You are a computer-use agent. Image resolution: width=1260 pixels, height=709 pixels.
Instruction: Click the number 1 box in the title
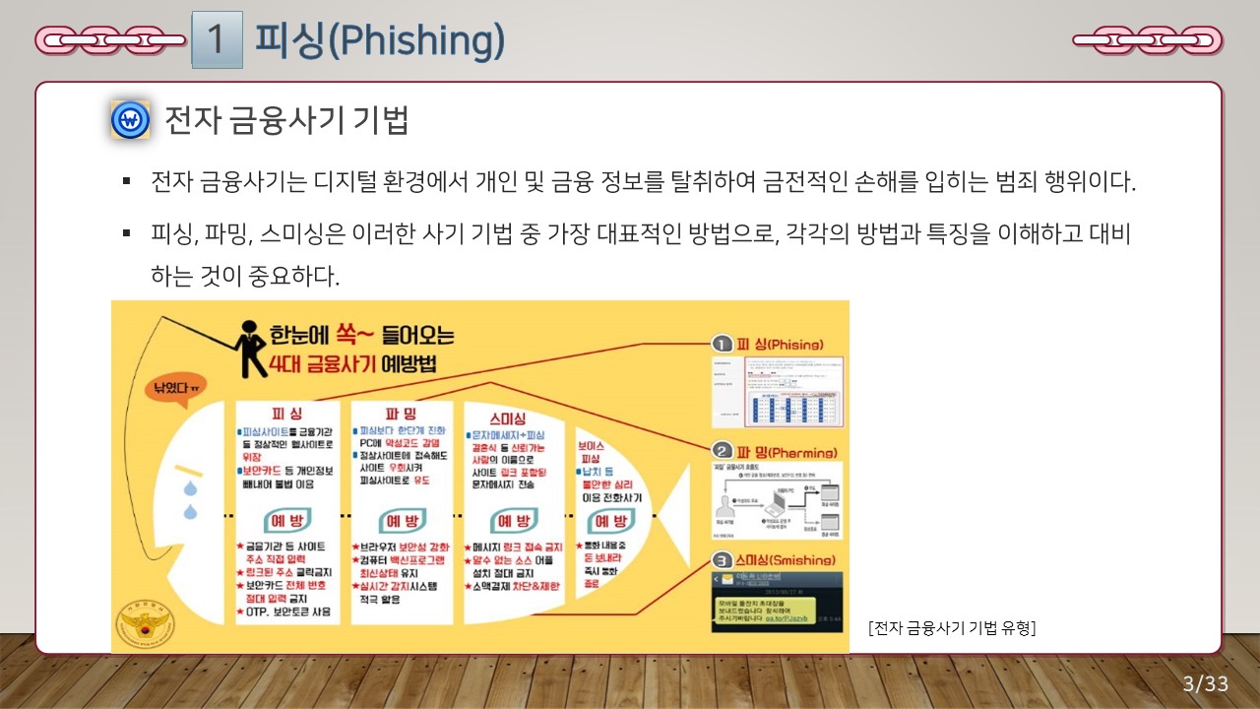(217, 39)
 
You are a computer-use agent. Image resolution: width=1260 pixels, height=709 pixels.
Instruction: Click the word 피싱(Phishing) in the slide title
(380, 39)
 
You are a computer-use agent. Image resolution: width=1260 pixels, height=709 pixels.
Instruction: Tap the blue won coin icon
(130, 120)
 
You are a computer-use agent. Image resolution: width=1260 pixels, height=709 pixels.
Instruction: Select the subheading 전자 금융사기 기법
(286, 120)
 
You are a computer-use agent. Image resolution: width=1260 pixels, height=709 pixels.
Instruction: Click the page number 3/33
(1205, 684)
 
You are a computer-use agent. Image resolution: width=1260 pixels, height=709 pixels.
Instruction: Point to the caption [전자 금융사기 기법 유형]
(952, 627)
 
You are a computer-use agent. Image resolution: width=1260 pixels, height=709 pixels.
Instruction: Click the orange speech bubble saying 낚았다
(176, 388)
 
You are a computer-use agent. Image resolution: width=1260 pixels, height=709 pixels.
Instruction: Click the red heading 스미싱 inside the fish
(506, 418)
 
